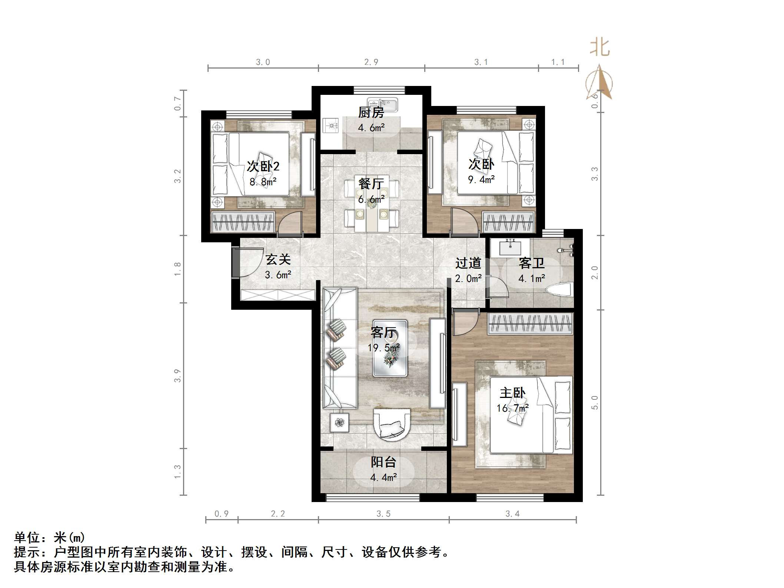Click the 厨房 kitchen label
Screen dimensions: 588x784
[x=371, y=112]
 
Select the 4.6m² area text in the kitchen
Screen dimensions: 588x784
[x=371, y=128]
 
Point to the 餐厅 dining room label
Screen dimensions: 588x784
[x=371, y=183]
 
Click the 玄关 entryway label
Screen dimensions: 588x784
[x=278, y=259]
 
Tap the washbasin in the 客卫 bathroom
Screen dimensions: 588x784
[x=511, y=247]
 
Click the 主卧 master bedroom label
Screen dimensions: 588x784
[x=512, y=393]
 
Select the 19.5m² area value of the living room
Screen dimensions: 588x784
[x=383, y=348]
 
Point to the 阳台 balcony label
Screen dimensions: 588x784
[x=383, y=462]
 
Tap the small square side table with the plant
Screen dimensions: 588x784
[x=339, y=422]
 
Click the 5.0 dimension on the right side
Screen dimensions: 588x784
[x=595, y=403]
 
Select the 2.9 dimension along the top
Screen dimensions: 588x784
[x=371, y=62]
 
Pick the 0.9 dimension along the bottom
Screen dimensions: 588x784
[x=222, y=514]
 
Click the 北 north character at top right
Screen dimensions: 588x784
[x=599, y=48]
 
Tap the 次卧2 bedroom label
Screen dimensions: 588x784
[x=263, y=166]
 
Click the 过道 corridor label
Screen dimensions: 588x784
[x=468, y=263]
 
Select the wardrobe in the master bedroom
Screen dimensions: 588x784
[x=531, y=323]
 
